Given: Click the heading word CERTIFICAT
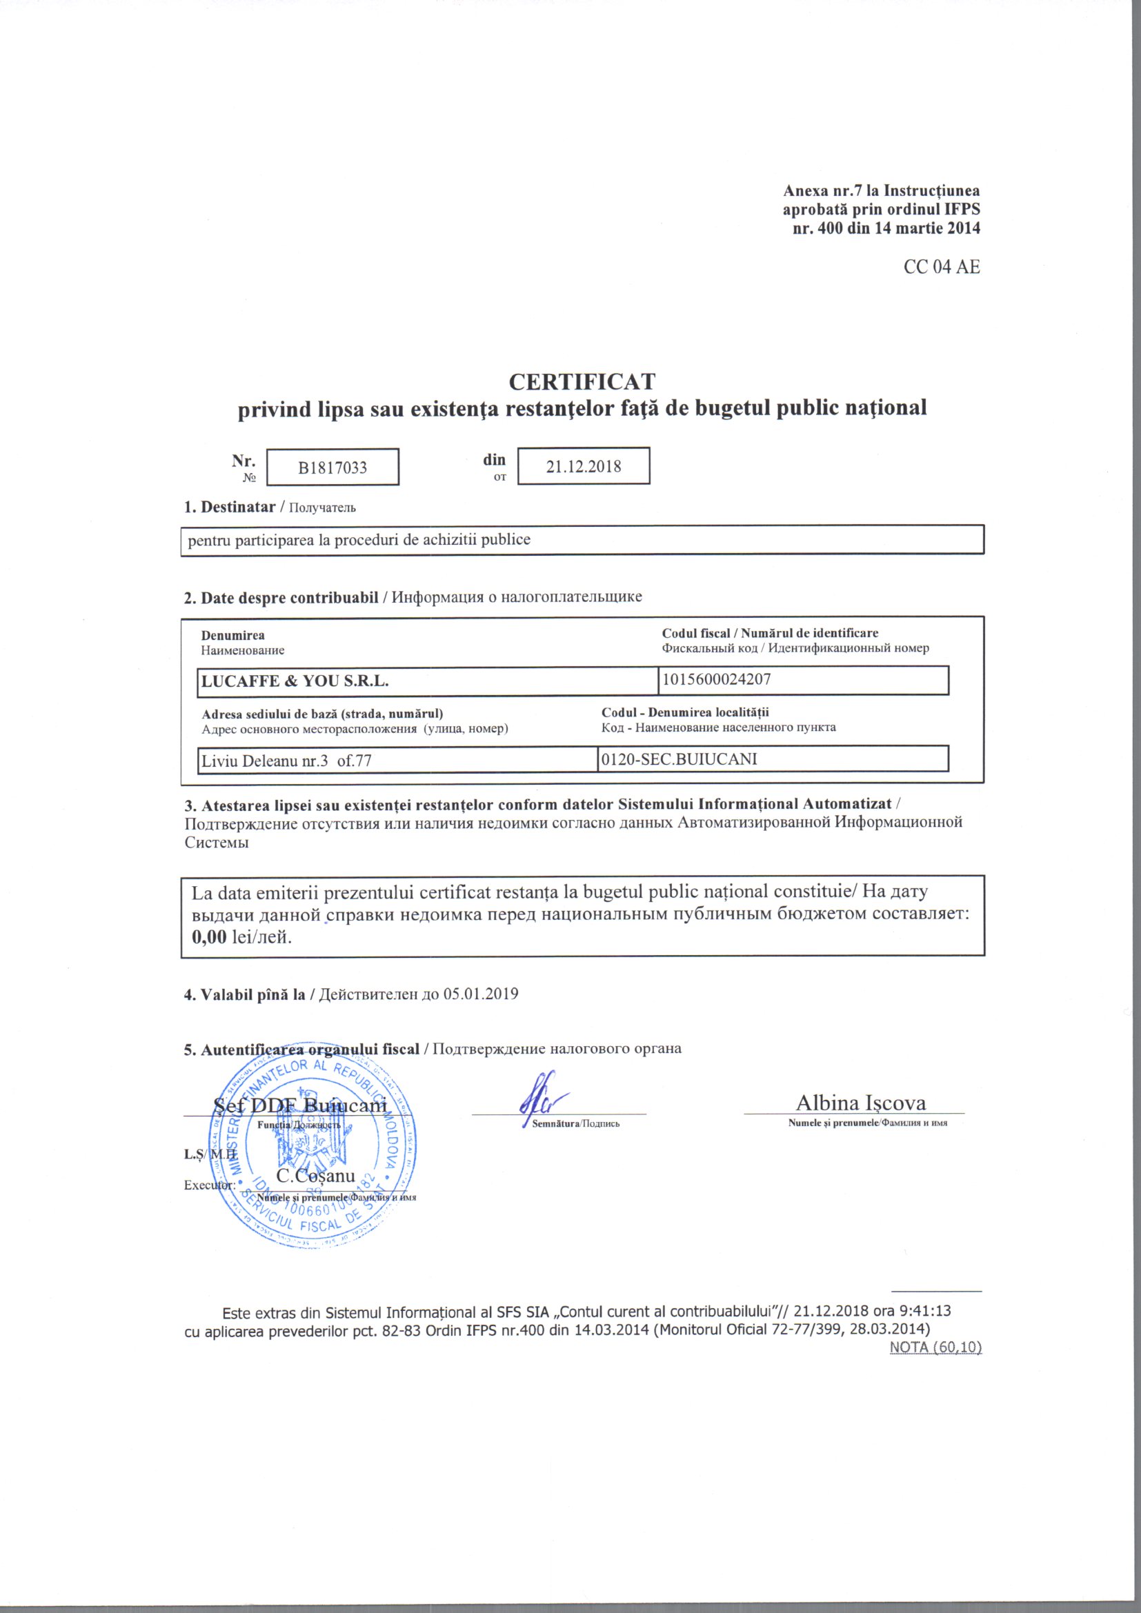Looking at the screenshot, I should pos(582,382).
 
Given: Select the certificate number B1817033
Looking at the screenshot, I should pos(333,468).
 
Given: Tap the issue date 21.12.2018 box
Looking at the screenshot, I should pos(583,466).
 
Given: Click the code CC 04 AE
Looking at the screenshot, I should pos(942,267).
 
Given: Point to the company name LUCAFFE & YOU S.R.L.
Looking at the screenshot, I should pos(295,681).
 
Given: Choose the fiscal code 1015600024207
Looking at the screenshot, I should pos(717,679).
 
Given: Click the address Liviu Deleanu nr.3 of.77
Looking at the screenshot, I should pos(287,760).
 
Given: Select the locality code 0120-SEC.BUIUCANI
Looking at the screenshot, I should pos(679,759).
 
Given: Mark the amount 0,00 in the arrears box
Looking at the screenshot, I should pos(208,936).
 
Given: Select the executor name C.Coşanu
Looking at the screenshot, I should pos(315,1175).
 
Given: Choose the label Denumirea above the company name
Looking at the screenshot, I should pos(232,635).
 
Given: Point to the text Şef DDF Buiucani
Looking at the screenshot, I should pos(300,1105).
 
